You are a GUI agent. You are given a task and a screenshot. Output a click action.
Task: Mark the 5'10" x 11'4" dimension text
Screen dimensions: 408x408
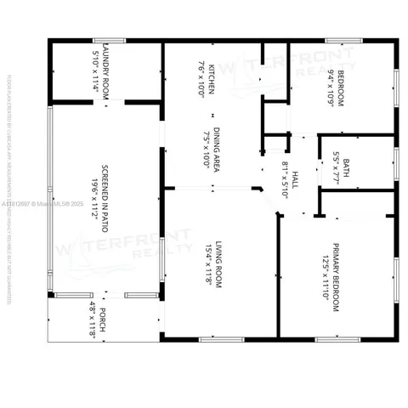95,71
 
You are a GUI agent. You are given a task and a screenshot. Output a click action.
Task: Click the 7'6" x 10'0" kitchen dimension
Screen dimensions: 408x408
201,78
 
